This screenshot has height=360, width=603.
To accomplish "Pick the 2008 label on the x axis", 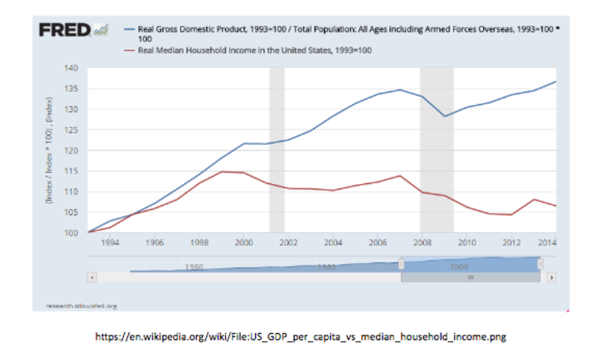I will click(421, 243).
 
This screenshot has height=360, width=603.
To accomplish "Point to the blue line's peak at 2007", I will click(399, 90).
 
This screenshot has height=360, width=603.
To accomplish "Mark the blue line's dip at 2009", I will click(444, 116).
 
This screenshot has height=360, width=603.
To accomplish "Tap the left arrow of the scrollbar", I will click(91, 277).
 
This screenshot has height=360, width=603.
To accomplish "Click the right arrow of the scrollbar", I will click(552, 277).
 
